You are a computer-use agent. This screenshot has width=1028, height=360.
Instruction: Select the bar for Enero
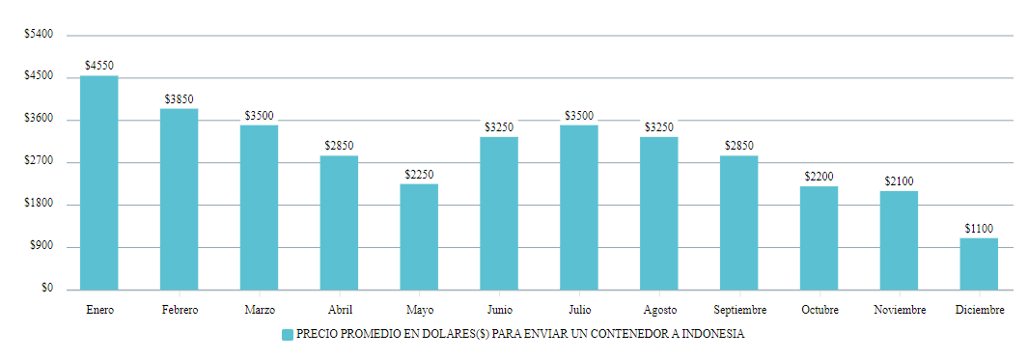tap(98, 182)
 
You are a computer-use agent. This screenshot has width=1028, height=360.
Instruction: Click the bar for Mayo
tap(419, 236)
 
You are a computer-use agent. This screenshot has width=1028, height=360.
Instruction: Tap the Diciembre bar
tap(979, 263)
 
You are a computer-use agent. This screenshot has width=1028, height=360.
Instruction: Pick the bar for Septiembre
tap(738, 222)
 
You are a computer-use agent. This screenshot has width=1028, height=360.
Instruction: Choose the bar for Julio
tap(578, 207)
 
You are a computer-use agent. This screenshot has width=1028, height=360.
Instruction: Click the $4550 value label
tap(98, 66)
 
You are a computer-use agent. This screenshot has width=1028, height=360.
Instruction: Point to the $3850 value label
tap(179, 98)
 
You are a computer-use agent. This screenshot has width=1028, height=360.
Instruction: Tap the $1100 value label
tap(979, 229)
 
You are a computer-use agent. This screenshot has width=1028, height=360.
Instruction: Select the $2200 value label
tap(819, 177)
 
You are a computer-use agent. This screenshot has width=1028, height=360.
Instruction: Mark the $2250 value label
tap(419, 175)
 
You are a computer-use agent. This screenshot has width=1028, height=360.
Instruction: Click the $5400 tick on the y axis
tap(39, 35)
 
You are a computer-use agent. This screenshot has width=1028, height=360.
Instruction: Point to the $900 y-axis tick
tap(42, 247)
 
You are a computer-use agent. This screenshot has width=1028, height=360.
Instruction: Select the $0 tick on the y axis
tap(46, 289)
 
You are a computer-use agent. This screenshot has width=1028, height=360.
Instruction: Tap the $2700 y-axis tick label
tap(39, 162)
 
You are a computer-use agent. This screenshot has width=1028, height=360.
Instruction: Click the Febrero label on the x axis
tap(179, 310)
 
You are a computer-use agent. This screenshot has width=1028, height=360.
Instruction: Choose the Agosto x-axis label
tap(658, 310)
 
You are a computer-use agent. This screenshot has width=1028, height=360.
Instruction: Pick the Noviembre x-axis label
tap(899, 310)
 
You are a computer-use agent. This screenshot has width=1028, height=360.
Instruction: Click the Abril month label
tap(339, 310)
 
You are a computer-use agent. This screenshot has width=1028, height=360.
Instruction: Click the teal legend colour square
tap(287, 335)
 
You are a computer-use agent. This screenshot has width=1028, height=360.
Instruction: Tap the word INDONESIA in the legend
tap(712, 335)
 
